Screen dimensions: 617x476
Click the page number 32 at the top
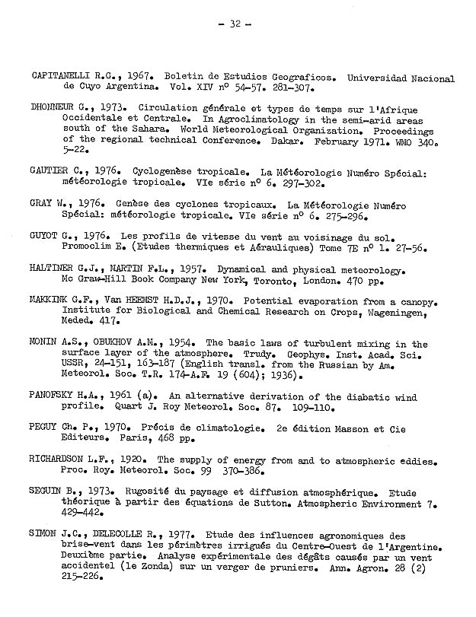(235, 24)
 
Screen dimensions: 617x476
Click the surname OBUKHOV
(108, 343)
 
